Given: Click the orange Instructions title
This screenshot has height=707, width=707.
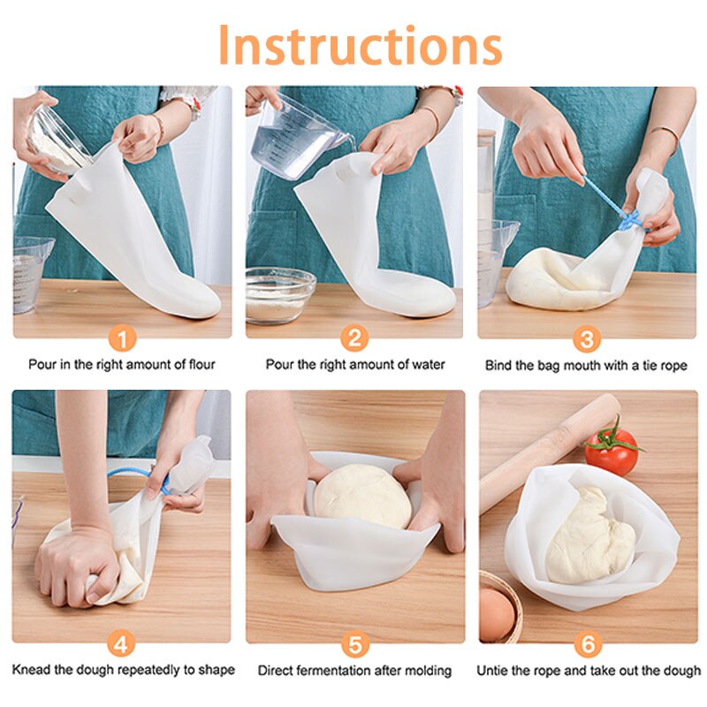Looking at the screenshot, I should [x=360, y=44].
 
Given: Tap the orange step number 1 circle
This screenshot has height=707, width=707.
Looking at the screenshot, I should [x=122, y=338].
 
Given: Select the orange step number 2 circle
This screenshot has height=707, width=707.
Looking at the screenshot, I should [x=354, y=338].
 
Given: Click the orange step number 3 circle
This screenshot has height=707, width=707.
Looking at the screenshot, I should [x=587, y=338].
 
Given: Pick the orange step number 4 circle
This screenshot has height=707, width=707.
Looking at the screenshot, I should [x=122, y=643].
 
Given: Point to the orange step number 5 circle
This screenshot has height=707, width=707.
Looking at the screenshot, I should [x=354, y=643].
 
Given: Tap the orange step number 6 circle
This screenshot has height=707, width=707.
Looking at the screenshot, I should [x=587, y=643].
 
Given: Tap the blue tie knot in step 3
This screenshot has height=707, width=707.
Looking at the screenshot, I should [x=629, y=220].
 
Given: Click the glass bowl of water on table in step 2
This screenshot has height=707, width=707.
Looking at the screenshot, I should [x=280, y=294].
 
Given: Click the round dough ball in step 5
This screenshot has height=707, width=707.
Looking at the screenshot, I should [x=362, y=497].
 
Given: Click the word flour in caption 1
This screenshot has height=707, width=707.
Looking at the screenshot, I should [x=200, y=364].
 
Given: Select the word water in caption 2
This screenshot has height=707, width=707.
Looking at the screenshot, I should [x=429, y=364].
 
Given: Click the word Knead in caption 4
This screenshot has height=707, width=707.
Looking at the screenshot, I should [x=29, y=670].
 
